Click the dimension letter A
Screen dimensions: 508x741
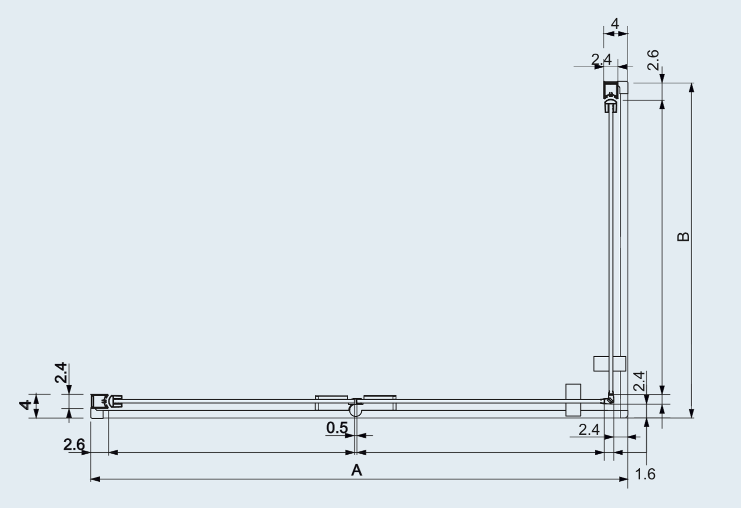356,470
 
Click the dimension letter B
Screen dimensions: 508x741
683,236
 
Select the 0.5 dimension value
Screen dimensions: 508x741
337,428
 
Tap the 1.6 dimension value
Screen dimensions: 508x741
645,474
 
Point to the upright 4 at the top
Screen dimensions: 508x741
615,23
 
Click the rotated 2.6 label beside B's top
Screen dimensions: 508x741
653,60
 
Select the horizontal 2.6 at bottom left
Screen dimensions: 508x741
74,444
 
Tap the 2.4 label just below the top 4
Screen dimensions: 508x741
602,60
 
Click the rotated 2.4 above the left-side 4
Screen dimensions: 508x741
61,373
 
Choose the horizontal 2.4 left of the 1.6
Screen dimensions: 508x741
589,429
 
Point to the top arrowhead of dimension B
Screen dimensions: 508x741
692,87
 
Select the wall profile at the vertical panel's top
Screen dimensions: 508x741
611,90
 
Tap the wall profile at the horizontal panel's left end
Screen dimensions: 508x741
100,401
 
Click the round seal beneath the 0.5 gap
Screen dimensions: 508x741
356,411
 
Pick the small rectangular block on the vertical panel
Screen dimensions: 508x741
609,363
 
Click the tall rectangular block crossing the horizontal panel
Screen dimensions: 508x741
573,400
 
